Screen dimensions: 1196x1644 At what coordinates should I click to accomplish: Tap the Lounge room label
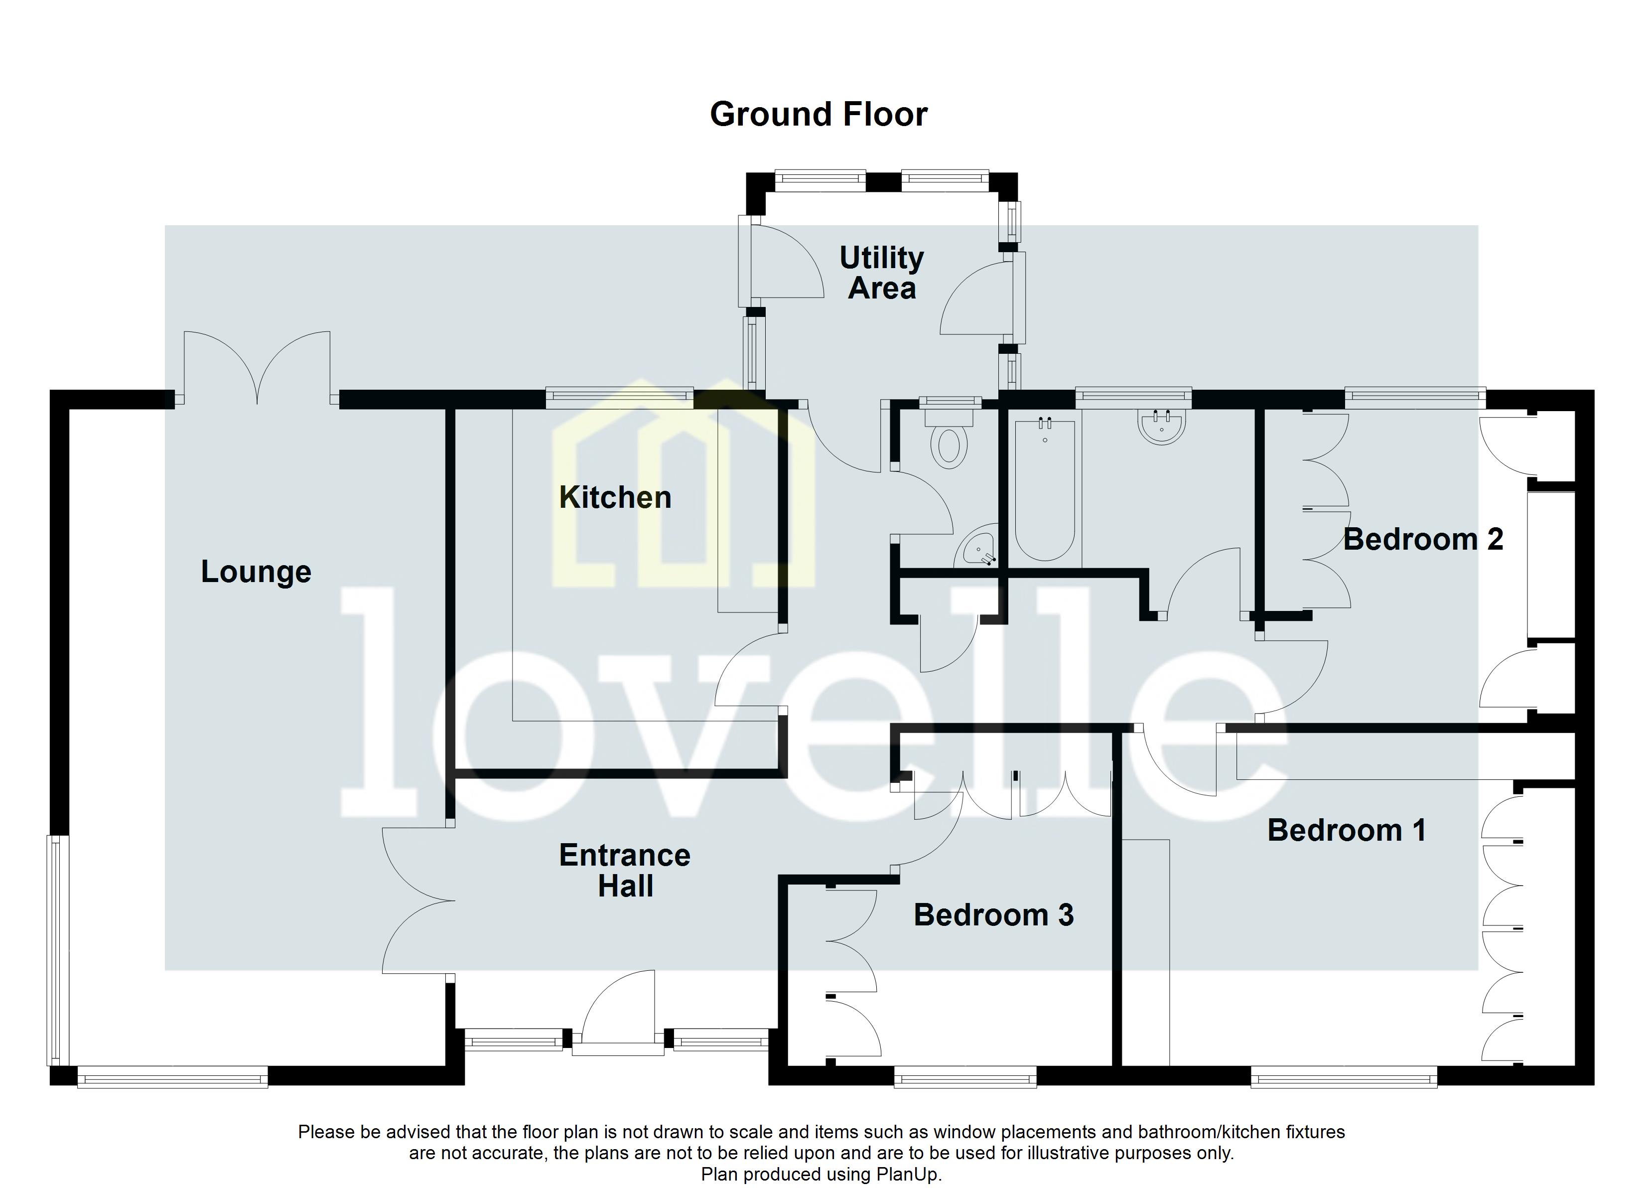[256, 572]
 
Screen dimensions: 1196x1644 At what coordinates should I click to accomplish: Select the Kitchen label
[615, 497]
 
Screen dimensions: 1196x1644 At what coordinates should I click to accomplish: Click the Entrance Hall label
[625, 871]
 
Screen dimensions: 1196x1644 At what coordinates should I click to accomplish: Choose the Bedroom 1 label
[1346, 830]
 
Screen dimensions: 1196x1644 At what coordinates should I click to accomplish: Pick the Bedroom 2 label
[1422, 540]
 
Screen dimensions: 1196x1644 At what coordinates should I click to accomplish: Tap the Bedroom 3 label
[993, 915]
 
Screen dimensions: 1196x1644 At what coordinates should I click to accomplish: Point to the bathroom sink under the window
[1162, 426]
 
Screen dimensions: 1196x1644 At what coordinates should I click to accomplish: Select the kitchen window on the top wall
[619, 395]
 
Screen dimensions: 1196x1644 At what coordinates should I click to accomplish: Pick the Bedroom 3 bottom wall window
[965, 1080]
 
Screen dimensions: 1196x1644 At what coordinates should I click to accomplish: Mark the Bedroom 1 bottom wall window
[1343, 1080]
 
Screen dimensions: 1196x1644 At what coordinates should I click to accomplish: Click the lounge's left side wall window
[56, 951]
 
